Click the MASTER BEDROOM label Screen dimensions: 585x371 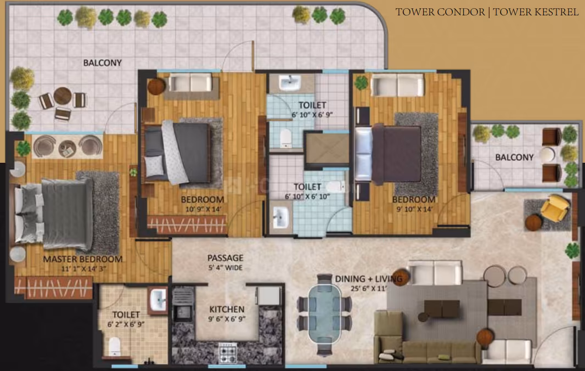tap(83, 259)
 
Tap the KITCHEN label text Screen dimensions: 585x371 tap(227, 310)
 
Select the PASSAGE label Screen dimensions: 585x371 tap(226, 258)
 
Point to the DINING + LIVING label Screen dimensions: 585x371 tap(369, 279)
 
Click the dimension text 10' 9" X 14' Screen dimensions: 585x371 tap(204, 210)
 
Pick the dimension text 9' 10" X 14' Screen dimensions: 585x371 tap(414, 210)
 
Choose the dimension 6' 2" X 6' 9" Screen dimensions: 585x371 tap(126, 324)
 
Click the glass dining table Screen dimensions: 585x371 tap(324, 314)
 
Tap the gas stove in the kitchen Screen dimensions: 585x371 tap(227, 353)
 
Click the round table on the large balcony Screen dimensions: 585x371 tap(63, 96)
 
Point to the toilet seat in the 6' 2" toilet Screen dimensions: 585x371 tap(115, 346)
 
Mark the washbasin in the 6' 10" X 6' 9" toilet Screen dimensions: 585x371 tap(290, 83)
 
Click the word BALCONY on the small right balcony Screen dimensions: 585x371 tap(515, 158)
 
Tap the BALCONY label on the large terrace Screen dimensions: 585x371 tap(103, 63)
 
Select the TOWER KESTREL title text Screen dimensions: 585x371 tap(536, 12)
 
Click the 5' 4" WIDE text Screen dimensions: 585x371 tap(226, 268)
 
